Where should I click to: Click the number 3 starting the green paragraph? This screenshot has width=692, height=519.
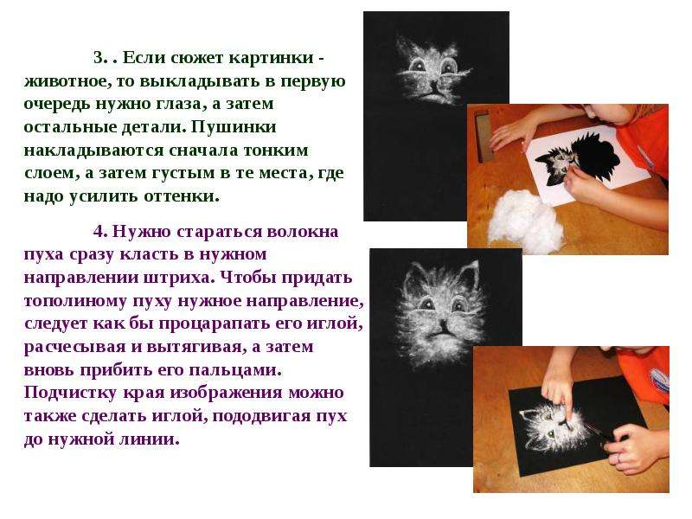click(99, 58)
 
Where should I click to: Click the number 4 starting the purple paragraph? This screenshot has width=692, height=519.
click(99, 231)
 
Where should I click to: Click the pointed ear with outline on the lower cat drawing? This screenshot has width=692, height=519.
click(470, 273)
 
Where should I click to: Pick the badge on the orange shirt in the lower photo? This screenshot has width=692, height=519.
click(661, 380)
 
